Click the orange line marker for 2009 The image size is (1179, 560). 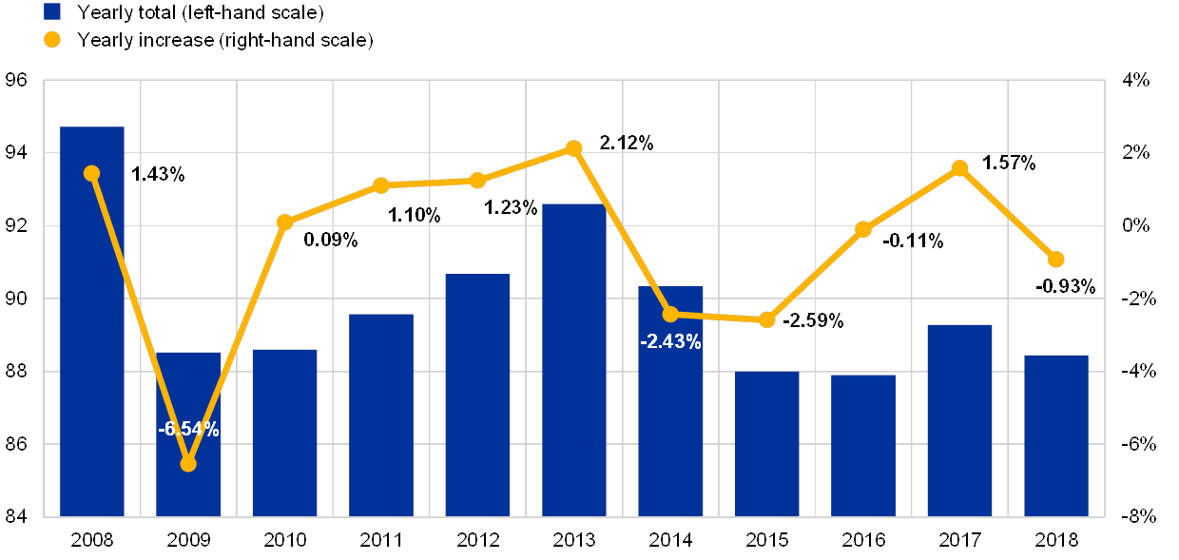tap(188, 463)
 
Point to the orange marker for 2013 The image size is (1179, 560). tap(573, 148)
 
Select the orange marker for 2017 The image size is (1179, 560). tap(959, 168)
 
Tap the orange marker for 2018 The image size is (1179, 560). tap(1055, 260)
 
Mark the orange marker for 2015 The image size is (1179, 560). tap(767, 319)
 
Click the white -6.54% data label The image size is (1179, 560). tap(188, 430)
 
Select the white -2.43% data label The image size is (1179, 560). tap(670, 342)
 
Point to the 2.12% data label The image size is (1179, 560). tap(626, 143)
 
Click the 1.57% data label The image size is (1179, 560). tap(1008, 163)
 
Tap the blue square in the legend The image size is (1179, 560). tap(52, 12)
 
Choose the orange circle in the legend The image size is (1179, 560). tap(52, 40)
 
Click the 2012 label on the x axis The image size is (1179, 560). tap(477, 541)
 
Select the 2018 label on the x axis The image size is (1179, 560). tap(1055, 541)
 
